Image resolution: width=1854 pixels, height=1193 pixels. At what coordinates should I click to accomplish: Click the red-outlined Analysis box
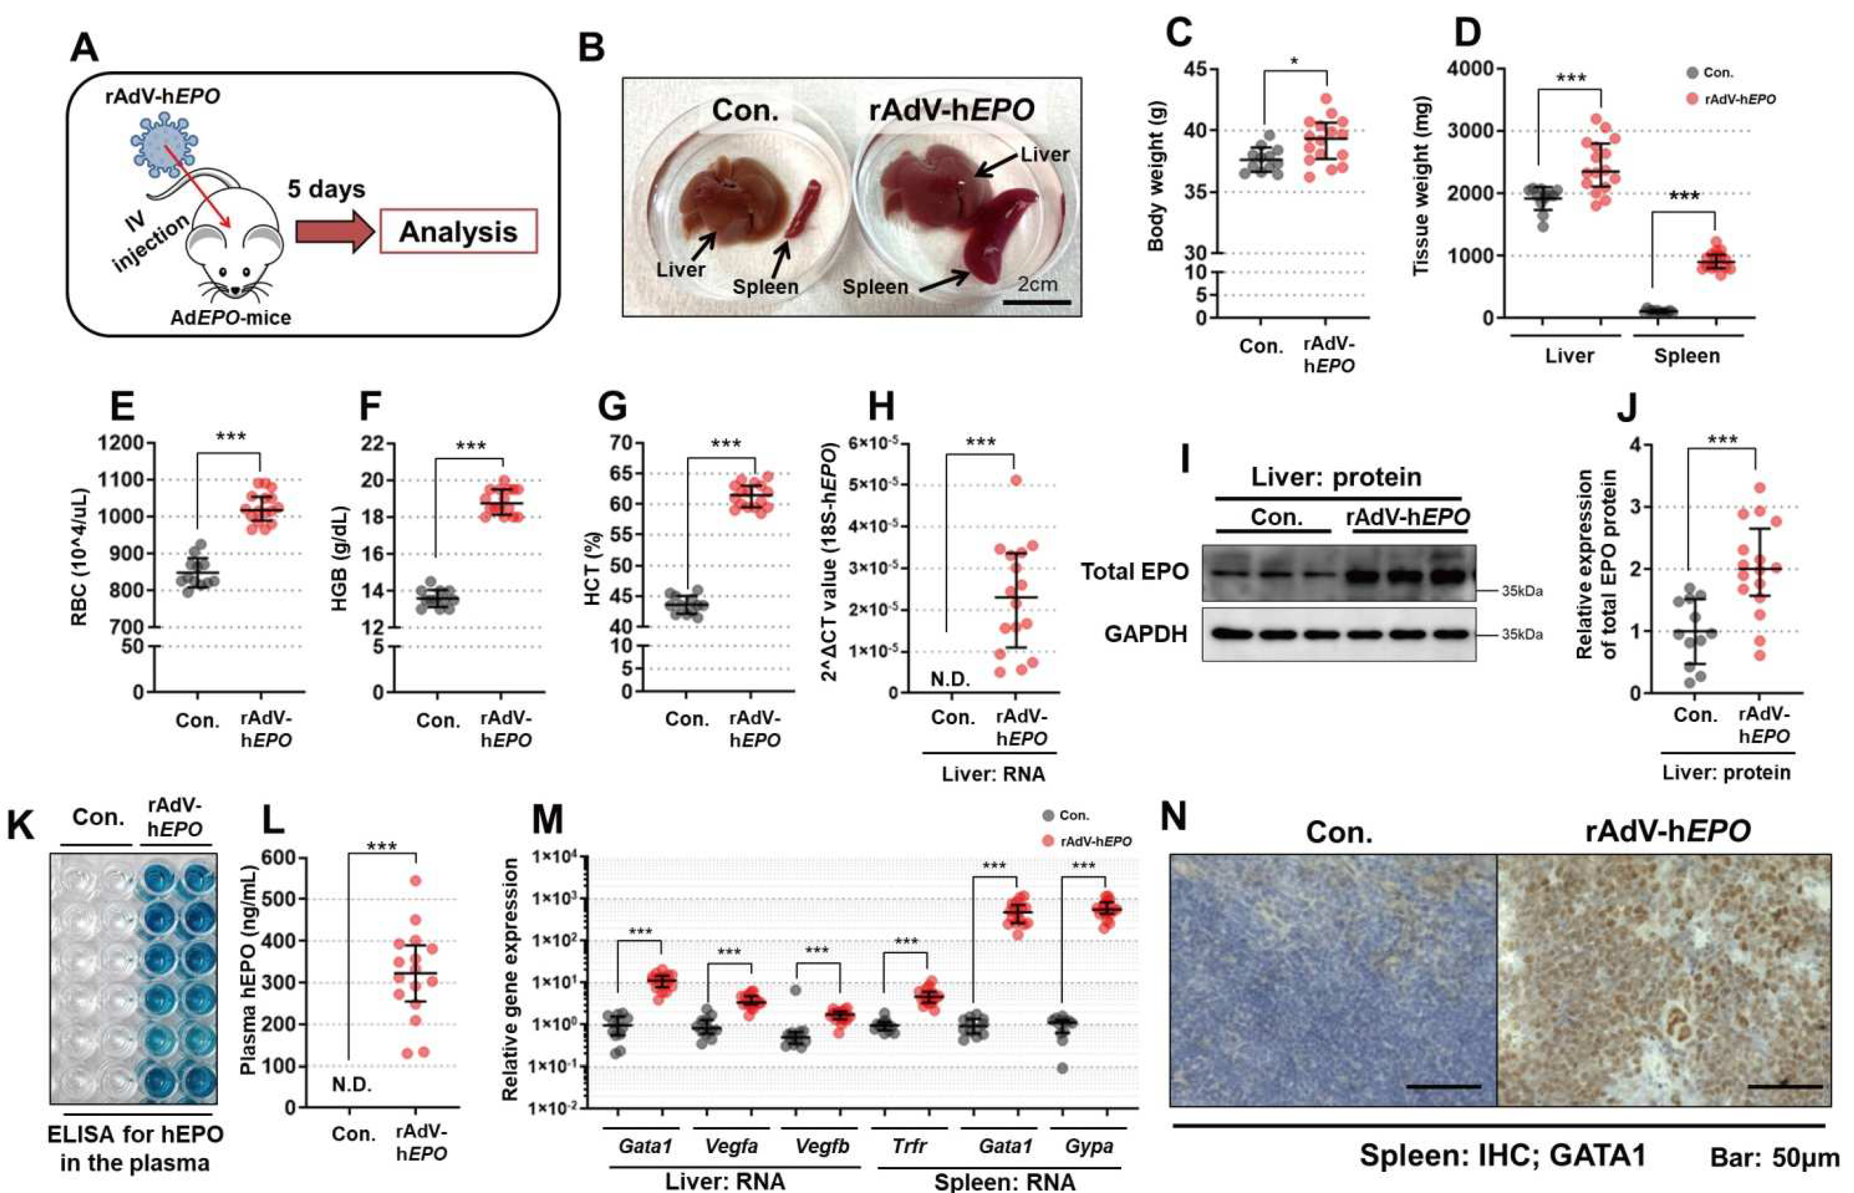(458, 231)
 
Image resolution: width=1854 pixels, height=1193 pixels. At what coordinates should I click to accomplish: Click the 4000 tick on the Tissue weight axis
(1470, 68)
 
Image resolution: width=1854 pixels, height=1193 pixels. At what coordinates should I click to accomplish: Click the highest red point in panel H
(1016, 480)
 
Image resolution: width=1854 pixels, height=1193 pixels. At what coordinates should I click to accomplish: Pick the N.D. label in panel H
(950, 679)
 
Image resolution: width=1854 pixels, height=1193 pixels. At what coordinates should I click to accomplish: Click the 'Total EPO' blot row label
(1134, 572)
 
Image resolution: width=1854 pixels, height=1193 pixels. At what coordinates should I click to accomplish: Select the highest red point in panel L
(416, 881)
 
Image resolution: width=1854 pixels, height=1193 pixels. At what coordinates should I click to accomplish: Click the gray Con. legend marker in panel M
(1049, 816)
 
